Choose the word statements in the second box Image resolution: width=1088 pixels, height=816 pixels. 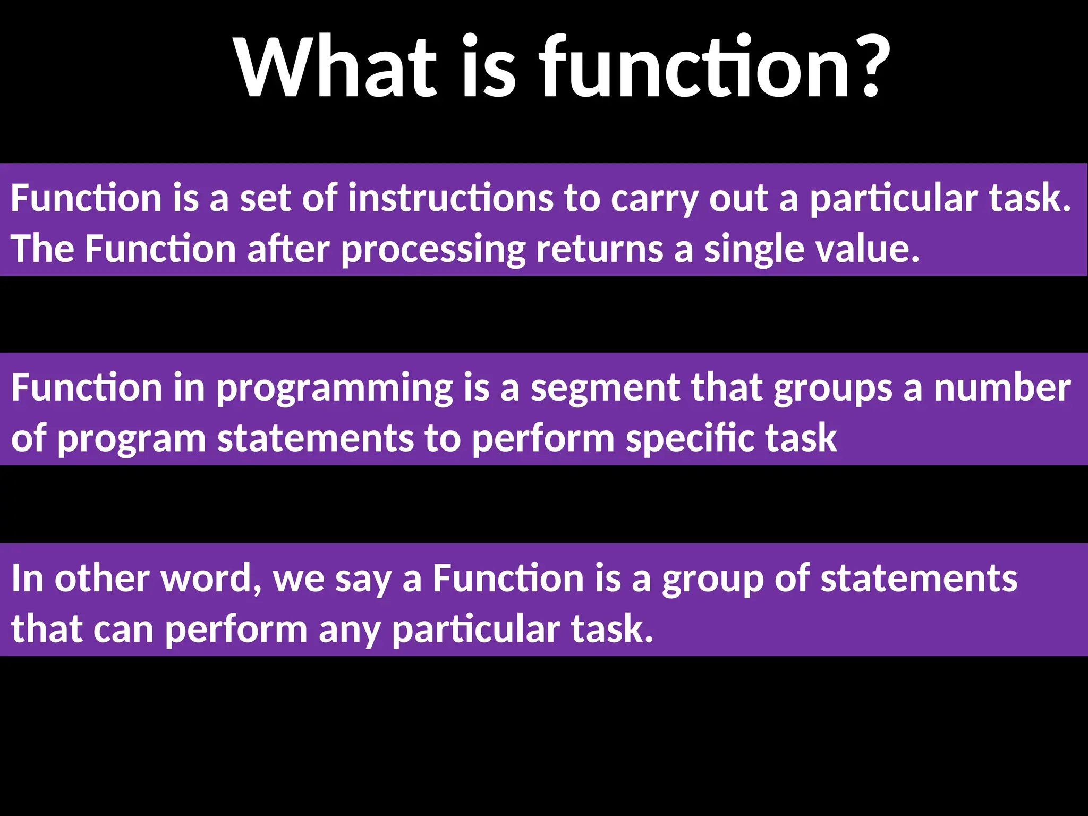(x=315, y=438)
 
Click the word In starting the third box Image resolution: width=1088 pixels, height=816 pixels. (x=27, y=578)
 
